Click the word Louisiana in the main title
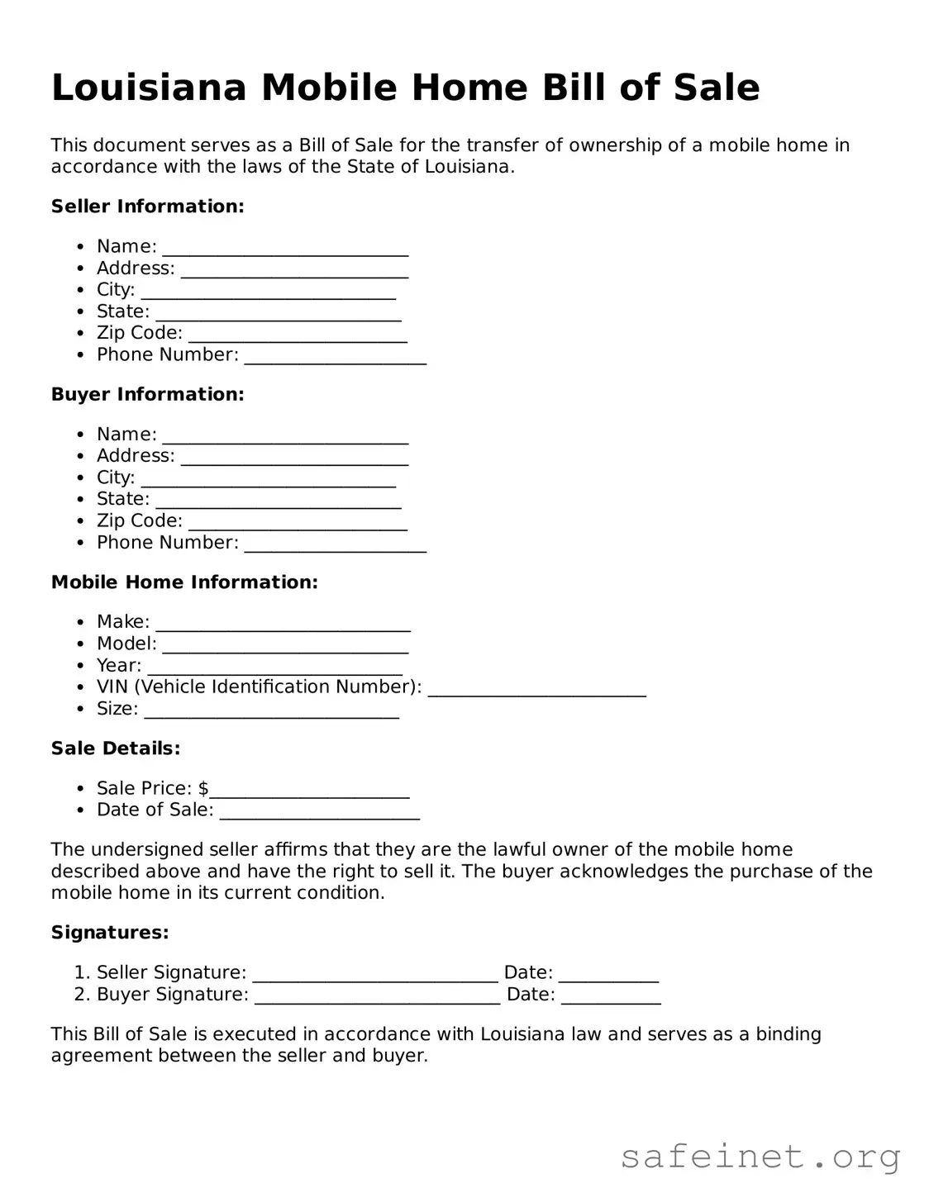click(149, 88)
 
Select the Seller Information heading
click(147, 207)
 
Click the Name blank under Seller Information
click(285, 248)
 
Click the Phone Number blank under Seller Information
click(335, 356)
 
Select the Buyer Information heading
click(147, 394)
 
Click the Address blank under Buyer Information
click(294, 457)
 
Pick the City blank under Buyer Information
click(268, 478)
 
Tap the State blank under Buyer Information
click(279, 500)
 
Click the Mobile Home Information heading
click(184, 582)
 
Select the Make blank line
click(283, 623)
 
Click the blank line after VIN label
click(536, 688)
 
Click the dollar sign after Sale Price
click(203, 788)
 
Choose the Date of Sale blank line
click(319, 811)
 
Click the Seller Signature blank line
click(374, 974)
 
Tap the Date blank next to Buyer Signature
click(611, 995)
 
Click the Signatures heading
click(110, 933)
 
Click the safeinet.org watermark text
click(760, 1157)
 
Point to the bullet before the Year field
click(79, 666)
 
